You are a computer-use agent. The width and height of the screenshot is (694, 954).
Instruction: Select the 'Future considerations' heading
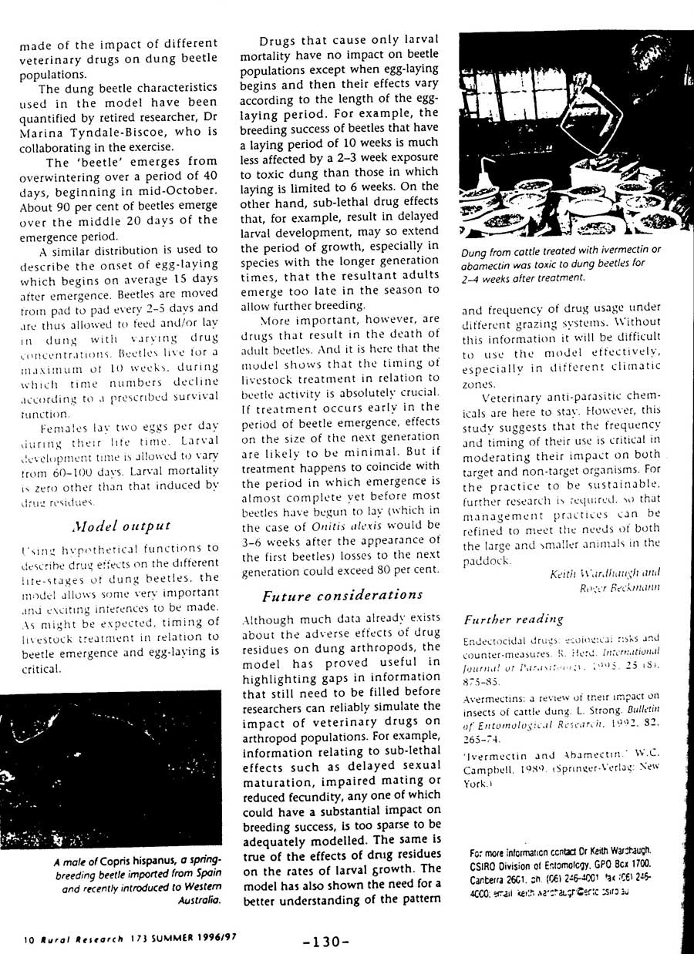[x=342, y=595]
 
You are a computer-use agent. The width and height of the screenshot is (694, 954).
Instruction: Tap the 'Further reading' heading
[x=513, y=619]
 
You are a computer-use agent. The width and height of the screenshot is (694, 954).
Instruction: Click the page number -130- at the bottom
[x=326, y=941]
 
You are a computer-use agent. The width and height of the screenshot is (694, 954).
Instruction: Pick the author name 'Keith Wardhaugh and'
[x=605, y=573]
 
